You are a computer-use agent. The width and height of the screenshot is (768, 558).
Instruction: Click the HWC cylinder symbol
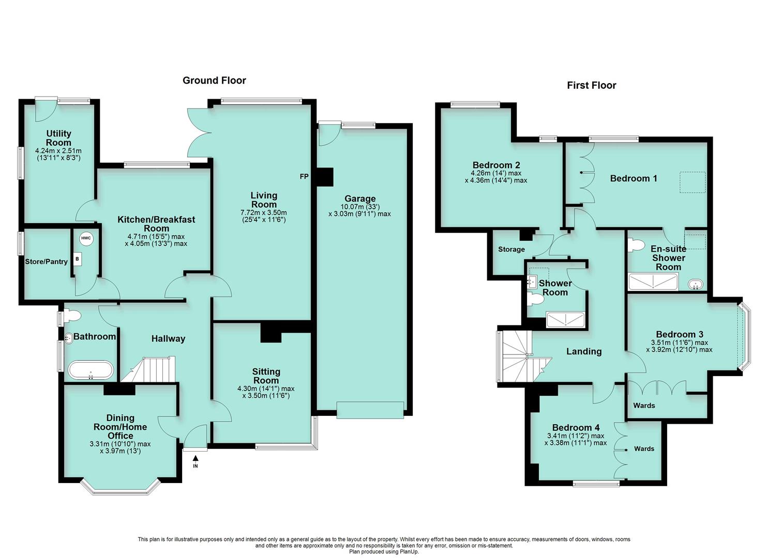(x=85, y=239)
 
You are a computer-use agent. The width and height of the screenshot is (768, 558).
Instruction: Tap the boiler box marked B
(x=77, y=259)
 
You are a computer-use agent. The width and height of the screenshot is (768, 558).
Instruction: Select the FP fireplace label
(x=304, y=177)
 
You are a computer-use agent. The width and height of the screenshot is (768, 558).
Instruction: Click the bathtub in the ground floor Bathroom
(x=90, y=370)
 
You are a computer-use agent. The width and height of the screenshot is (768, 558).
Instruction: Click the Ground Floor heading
(x=214, y=81)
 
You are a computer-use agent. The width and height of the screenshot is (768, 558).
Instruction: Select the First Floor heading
(x=591, y=86)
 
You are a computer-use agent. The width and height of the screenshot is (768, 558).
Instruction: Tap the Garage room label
(x=360, y=199)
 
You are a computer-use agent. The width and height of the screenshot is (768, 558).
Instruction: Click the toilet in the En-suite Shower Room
(x=635, y=244)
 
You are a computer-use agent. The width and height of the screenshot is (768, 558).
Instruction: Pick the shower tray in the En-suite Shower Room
(x=653, y=282)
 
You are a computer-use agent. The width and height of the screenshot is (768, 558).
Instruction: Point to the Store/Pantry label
(x=47, y=262)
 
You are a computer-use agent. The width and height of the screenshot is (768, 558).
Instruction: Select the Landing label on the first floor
(x=584, y=352)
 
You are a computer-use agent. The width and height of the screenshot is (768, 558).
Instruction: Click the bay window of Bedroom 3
(x=745, y=336)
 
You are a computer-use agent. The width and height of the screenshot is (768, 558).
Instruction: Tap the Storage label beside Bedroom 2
(x=511, y=250)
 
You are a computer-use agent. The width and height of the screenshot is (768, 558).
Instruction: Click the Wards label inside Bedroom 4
(x=644, y=449)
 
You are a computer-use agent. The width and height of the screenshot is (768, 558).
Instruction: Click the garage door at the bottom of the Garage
(x=369, y=409)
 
